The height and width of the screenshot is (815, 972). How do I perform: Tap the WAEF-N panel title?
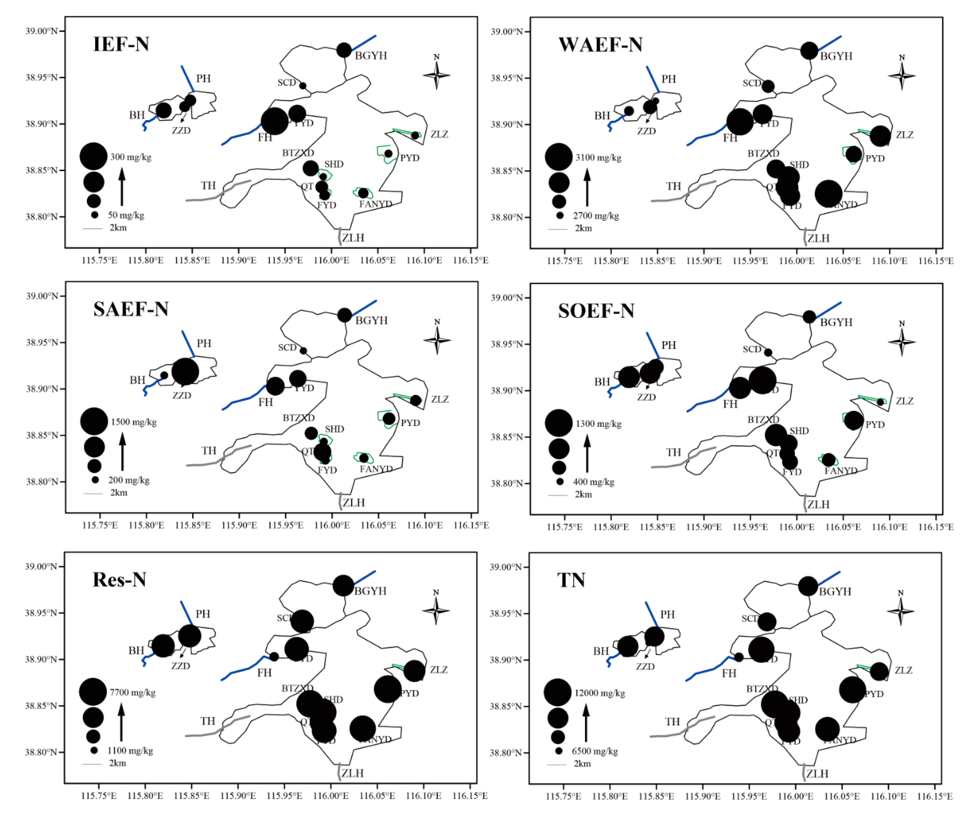[x=600, y=45]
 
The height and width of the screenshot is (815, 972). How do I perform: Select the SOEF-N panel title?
[x=596, y=311]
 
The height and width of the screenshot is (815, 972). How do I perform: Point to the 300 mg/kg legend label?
[x=131, y=157]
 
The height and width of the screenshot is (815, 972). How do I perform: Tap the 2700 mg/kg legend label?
[x=596, y=216]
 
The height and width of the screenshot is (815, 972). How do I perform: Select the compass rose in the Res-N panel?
[x=436, y=610]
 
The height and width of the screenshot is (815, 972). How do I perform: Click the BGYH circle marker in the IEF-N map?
[x=344, y=50]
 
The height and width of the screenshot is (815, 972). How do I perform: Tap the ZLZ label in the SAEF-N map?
[x=440, y=399]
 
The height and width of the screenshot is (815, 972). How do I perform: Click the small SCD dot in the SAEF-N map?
[x=303, y=351]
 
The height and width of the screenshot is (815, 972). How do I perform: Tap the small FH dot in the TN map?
[x=739, y=657]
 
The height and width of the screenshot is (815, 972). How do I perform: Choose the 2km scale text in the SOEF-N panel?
[x=583, y=494]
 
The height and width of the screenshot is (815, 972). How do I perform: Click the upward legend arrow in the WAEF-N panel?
[x=587, y=187]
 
